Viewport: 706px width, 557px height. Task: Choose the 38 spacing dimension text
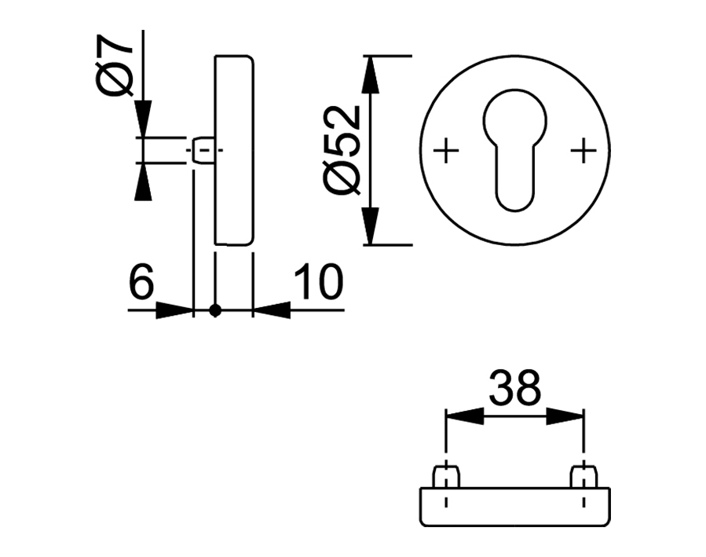click(514, 387)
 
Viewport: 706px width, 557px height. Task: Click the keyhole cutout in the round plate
click(514, 149)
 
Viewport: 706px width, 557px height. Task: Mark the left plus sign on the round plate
click(446, 149)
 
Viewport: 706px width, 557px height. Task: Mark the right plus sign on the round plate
click(583, 149)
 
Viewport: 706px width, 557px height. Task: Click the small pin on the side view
click(203, 150)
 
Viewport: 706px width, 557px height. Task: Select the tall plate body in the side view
click(234, 149)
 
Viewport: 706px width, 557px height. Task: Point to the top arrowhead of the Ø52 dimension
click(371, 75)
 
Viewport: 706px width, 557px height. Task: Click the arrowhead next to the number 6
click(174, 311)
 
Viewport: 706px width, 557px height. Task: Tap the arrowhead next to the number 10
click(271, 311)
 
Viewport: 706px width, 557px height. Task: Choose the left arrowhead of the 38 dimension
click(463, 416)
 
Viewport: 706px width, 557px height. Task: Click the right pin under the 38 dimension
click(583, 476)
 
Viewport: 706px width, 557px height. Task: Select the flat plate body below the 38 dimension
click(514, 507)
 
